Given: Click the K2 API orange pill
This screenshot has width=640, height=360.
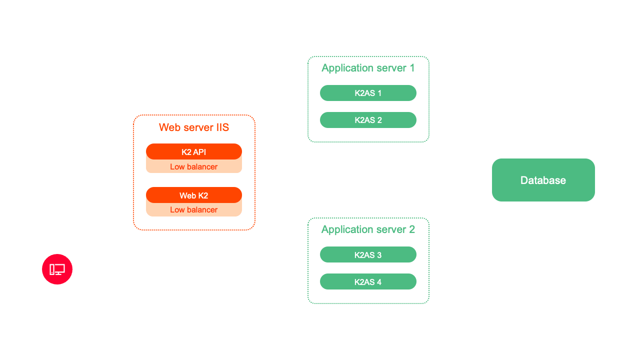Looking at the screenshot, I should pyautogui.click(x=194, y=151).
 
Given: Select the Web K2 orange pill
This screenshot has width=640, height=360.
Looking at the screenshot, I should pyautogui.click(x=194, y=195).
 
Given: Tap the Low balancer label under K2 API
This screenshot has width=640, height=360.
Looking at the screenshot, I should pyautogui.click(x=194, y=167).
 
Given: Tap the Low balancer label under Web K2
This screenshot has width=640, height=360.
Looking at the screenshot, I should pyautogui.click(x=194, y=210).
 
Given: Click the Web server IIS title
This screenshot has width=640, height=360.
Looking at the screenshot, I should pyautogui.click(x=194, y=127).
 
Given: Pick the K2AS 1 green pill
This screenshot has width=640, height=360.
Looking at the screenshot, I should pyautogui.click(x=368, y=93).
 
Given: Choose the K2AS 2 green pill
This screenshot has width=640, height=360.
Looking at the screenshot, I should pyautogui.click(x=368, y=120).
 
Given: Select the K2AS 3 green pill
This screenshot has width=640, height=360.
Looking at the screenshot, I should pyautogui.click(x=368, y=254).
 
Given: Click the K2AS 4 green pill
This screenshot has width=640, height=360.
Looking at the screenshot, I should pyautogui.click(x=368, y=281).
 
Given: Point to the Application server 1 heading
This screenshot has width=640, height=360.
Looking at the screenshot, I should pyautogui.click(x=368, y=68).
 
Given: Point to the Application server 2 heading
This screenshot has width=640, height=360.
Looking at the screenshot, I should pyautogui.click(x=368, y=229).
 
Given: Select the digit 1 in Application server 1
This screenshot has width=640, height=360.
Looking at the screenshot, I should pyautogui.click(x=412, y=68).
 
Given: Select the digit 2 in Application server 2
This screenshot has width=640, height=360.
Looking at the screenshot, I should pyautogui.click(x=412, y=229).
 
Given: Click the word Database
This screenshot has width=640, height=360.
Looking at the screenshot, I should pyautogui.click(x=543, y=180).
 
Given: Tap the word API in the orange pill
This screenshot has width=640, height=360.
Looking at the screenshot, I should pyautogui.click(x=199, y=152).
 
